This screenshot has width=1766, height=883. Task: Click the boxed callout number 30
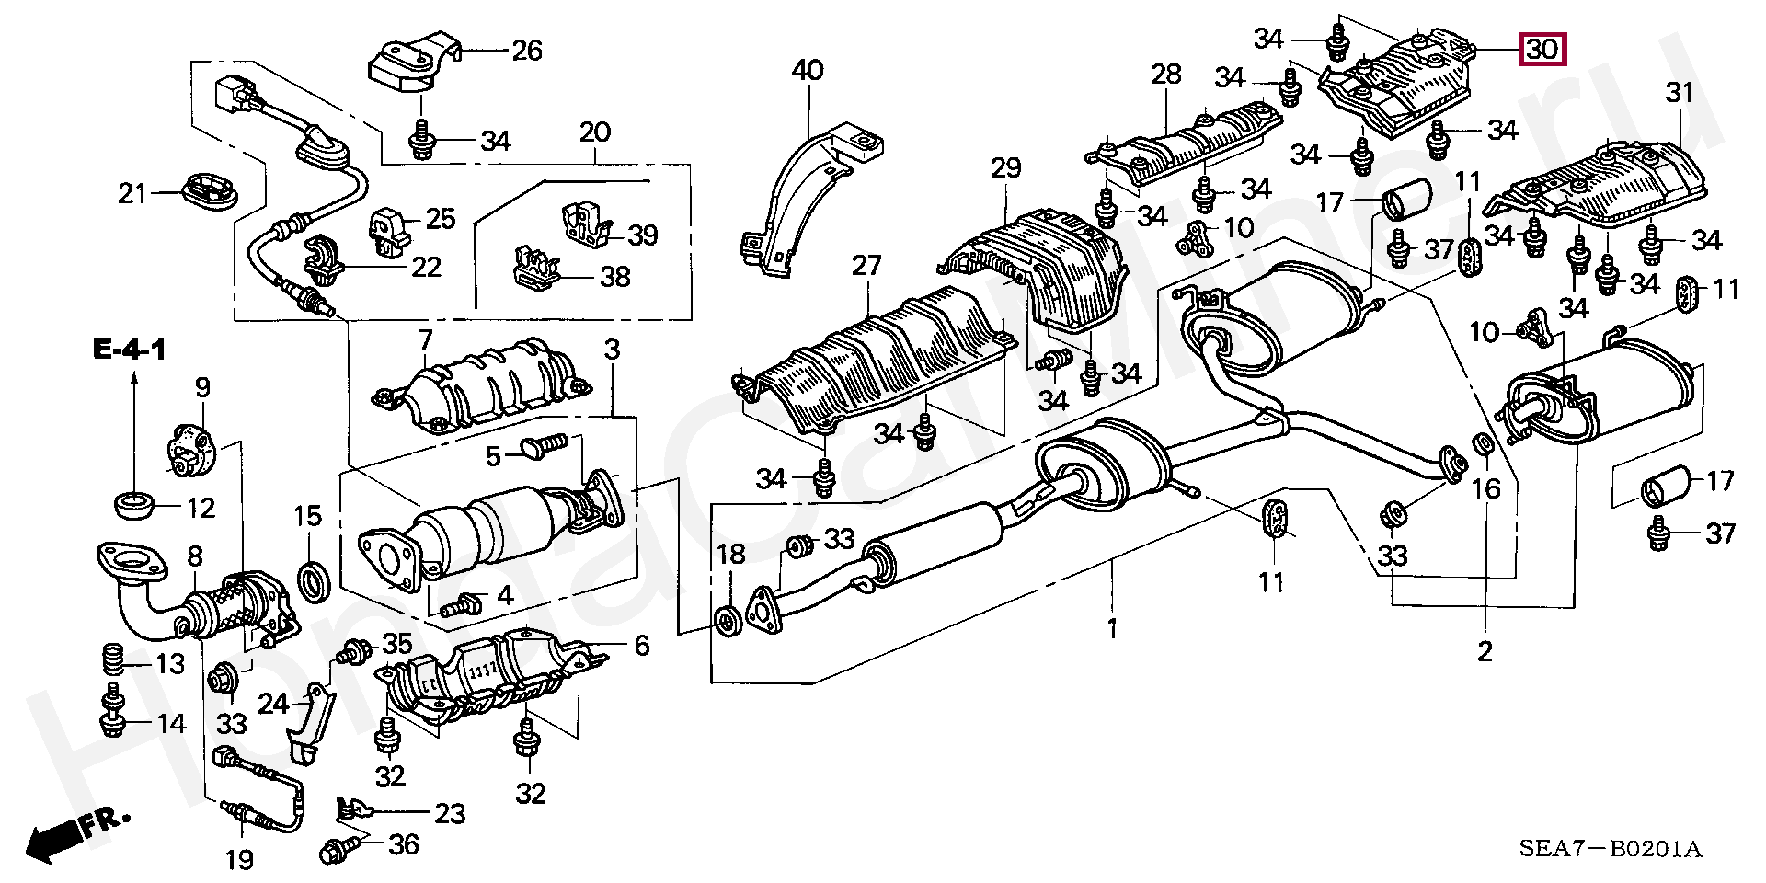[1542, 48]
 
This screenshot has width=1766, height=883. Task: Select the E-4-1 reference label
[129, 350]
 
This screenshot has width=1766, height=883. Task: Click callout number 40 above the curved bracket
[808, 70]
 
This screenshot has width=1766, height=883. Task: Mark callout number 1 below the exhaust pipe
[1112, 630]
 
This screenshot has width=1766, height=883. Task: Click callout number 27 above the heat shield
[866, 267]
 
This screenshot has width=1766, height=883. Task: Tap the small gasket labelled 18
[727, 621]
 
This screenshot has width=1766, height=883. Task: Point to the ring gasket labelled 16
[1484, 445]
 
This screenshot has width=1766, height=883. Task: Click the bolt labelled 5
[540, 448]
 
